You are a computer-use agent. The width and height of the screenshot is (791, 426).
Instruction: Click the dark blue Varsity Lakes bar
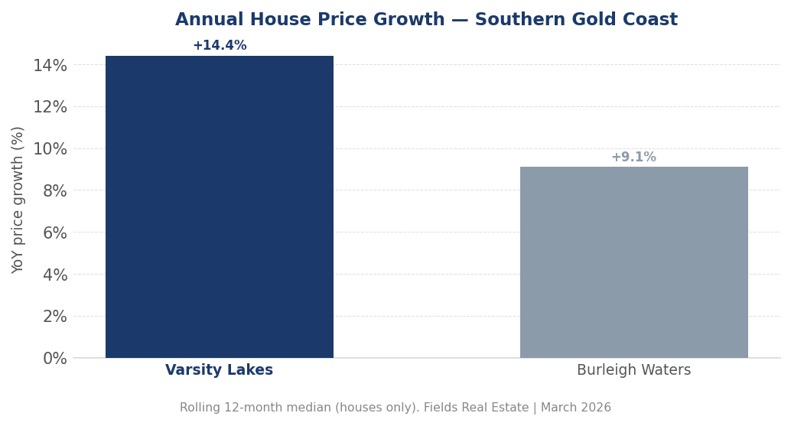(x=220, y=206)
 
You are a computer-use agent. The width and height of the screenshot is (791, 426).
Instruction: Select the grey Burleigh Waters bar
(x=633, y=262)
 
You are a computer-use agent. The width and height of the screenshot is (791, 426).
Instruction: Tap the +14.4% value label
(x=220, y=46)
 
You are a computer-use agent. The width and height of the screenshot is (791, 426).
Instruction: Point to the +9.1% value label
(x=633, y=158)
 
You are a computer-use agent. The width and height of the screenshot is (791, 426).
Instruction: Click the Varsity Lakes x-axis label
(x=220, y=371)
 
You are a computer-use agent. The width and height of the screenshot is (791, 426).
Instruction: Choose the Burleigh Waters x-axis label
(x=633, y=371)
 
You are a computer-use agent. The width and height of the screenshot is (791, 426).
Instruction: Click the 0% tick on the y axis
(x=55, y=358)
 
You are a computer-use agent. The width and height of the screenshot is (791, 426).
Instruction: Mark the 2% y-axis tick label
(x=55, y=317)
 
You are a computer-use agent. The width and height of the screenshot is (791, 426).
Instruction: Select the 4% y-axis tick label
(x=55, y=275)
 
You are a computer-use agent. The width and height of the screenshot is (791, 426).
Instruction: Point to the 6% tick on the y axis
(x=55, y=233)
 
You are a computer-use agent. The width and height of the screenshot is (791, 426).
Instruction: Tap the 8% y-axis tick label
(x=55, y=190)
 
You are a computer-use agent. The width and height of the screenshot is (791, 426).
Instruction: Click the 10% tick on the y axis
(x=50, y=149)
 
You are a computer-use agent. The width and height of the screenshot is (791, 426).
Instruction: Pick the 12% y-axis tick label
(x=50, y=107)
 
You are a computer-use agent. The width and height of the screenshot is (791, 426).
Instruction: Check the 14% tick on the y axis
(x=50, y=66)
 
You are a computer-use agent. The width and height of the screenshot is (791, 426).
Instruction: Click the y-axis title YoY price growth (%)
(x=18, y=200)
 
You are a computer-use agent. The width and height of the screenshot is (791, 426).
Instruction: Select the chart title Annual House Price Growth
(x=310, y=21)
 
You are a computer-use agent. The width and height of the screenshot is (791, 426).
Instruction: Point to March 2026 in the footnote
(x=577, y=408)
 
